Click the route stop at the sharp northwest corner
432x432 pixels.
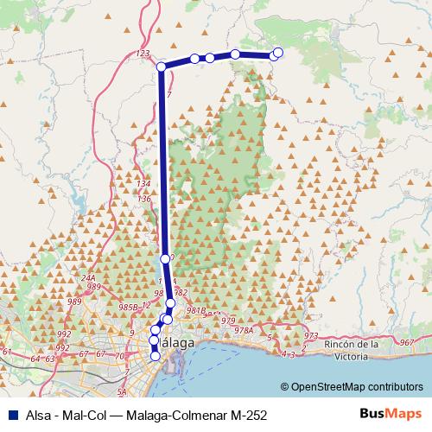162,66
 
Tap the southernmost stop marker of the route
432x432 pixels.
156,355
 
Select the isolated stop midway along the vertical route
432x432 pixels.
165,258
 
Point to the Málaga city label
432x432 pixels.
177,344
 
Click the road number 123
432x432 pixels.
143,54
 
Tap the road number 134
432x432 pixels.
143,186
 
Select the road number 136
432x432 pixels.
144,200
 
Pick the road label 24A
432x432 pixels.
88,277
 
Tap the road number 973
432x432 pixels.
312,335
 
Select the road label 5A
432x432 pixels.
121,391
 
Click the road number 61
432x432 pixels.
7,352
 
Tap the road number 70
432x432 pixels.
120,356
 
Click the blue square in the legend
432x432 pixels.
10,414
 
